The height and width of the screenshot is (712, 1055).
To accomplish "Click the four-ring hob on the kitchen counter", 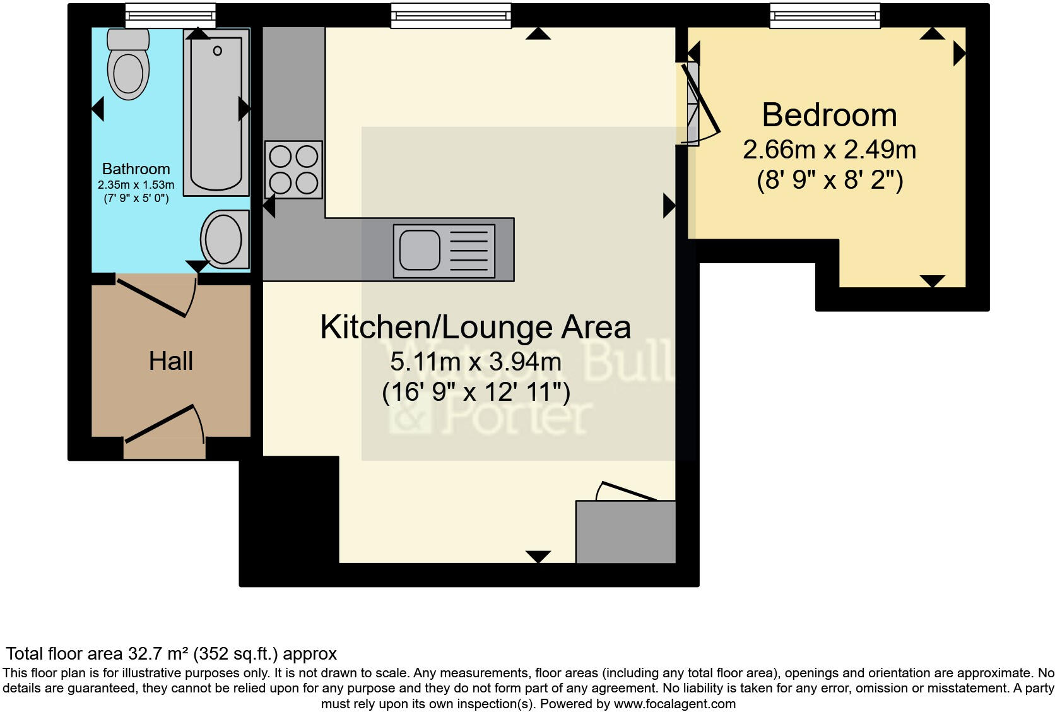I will tap(293, 170).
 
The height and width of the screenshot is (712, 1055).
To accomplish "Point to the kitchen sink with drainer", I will tap(444, 251).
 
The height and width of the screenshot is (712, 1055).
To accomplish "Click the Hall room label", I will tap(171, 361).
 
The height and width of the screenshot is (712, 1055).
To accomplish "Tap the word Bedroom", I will tap(829, 116).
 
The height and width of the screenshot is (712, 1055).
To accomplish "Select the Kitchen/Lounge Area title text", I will tap(475, 327).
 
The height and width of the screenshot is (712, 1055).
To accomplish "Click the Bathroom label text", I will tap(136, 169).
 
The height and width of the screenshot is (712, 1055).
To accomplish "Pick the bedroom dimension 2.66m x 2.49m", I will tap(829, 150).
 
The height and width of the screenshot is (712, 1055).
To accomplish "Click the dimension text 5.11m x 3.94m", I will tap(475, 362).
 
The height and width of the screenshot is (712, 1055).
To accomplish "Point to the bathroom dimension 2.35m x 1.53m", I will tap(136, 185).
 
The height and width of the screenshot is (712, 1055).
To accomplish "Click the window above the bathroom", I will tap(170, 15).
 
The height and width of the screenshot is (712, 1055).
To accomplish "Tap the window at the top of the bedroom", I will tap(824, 15).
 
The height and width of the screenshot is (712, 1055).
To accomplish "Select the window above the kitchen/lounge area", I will tap(451, 15).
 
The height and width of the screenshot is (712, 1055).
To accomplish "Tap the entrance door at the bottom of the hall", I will tap(163, 425).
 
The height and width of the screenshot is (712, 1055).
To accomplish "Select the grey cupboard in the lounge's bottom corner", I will tap(625, 531).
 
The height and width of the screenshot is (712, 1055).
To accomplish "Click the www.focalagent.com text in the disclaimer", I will tap(674, 704).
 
